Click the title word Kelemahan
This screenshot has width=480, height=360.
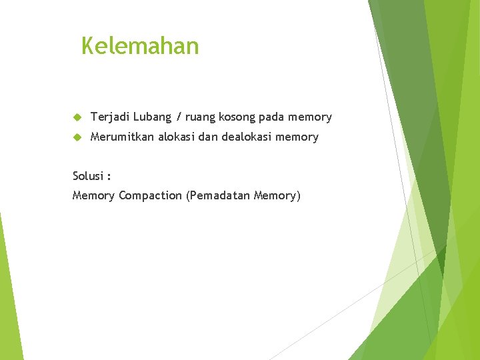pos(140,46)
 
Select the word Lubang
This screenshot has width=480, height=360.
pos(152,117)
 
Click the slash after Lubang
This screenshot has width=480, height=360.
pos(179,117)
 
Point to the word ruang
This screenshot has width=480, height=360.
pos(200,117)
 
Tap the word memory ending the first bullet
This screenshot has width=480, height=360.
pos(310,118)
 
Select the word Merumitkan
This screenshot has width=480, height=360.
pos(122,137)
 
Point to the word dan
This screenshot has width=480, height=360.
pos(209,137)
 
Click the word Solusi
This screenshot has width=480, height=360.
pos(89,177)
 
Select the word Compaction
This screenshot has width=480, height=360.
pos(151,196)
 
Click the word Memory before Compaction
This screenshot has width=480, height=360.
pos(93,196)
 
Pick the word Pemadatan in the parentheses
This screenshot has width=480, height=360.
pos(217,196)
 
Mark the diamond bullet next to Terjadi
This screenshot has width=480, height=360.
pos(77,117)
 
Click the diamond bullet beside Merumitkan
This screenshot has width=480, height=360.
pos(77,137)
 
